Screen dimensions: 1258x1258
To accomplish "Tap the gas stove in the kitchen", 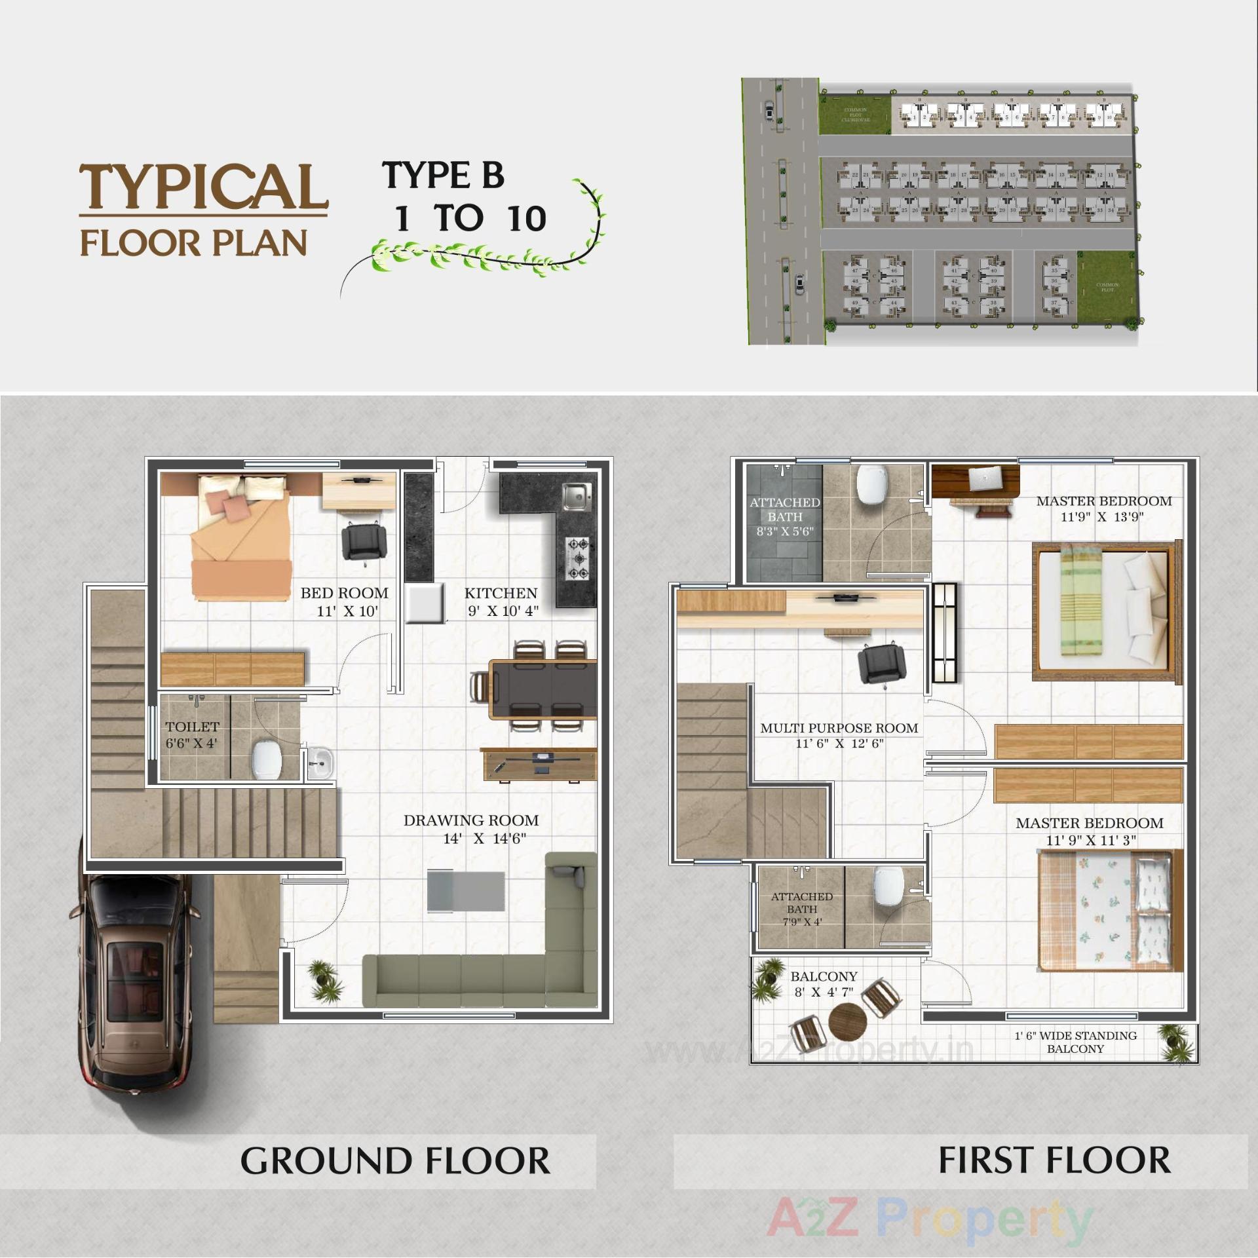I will pyautogui.click(x=578, y=558).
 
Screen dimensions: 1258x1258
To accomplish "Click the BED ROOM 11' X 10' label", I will pyautogui.click(x=345, y=601).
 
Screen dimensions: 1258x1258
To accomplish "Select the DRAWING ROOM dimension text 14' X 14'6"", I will pyautogui.click(x=484, y=839).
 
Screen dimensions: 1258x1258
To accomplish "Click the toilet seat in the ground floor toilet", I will pyautogui.click(x=267, y=759).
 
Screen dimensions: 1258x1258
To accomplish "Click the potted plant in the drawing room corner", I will pyautogui.click(x=325, y=980).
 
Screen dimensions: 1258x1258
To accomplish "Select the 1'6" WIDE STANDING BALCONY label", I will pyautogui.click(x=1075, y=1042).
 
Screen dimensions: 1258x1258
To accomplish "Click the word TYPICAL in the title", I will pyautogui.click(x=203, y=187).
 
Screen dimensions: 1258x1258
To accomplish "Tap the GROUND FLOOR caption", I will pyautogui.click(x=395, y=1160).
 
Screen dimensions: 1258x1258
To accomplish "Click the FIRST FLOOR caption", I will pyautogui.click(x=1054, y=1160).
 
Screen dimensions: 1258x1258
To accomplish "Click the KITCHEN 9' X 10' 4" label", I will pyautogui.click(x=501, y=601).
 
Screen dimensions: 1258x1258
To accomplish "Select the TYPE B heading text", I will pyautogui.click(x=444, y=175).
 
